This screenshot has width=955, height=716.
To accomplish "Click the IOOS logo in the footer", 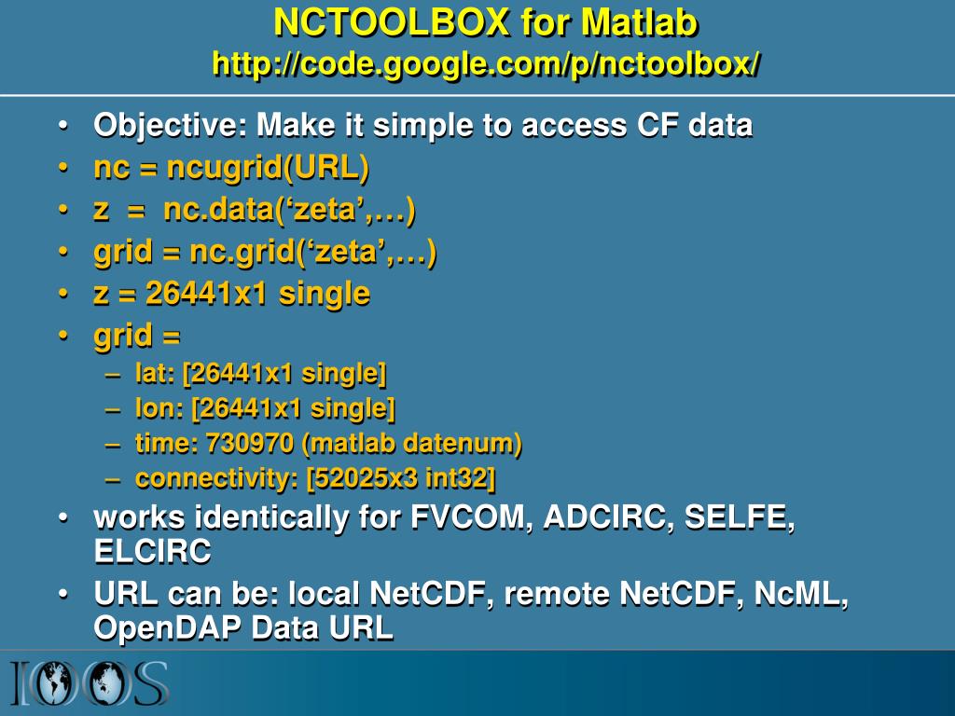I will coord(90,683).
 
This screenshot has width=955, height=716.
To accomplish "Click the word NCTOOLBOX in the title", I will coord(392,21).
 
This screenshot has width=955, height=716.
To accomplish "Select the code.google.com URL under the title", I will coord(486,63).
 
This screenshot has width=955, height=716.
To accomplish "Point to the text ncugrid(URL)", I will coord(268,168).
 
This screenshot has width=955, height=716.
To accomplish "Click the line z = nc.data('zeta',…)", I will coord(254,210).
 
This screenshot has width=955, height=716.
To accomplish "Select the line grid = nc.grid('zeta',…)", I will coord(265,252).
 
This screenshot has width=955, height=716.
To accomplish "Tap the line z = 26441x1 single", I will coord(231,294).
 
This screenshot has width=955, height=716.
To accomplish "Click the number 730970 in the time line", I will coord(245,444).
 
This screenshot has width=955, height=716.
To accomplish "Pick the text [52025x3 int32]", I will coord(401,478).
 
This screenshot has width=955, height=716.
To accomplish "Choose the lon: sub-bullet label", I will coord(158,408).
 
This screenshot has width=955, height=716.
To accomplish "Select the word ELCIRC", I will coord(152,552).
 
